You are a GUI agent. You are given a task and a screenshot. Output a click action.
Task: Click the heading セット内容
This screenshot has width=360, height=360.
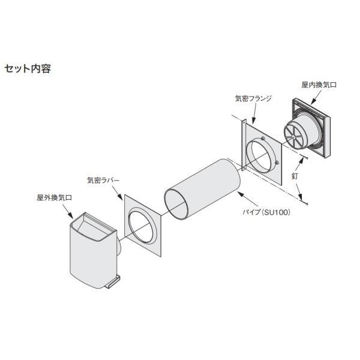click(27, 68)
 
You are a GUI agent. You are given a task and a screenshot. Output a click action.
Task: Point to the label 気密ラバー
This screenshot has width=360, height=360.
click(103, 179)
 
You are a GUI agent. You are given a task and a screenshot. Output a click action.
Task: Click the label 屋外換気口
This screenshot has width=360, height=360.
click(53, 196)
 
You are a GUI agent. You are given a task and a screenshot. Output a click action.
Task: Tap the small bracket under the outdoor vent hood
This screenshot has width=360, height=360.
click(113, 281)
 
